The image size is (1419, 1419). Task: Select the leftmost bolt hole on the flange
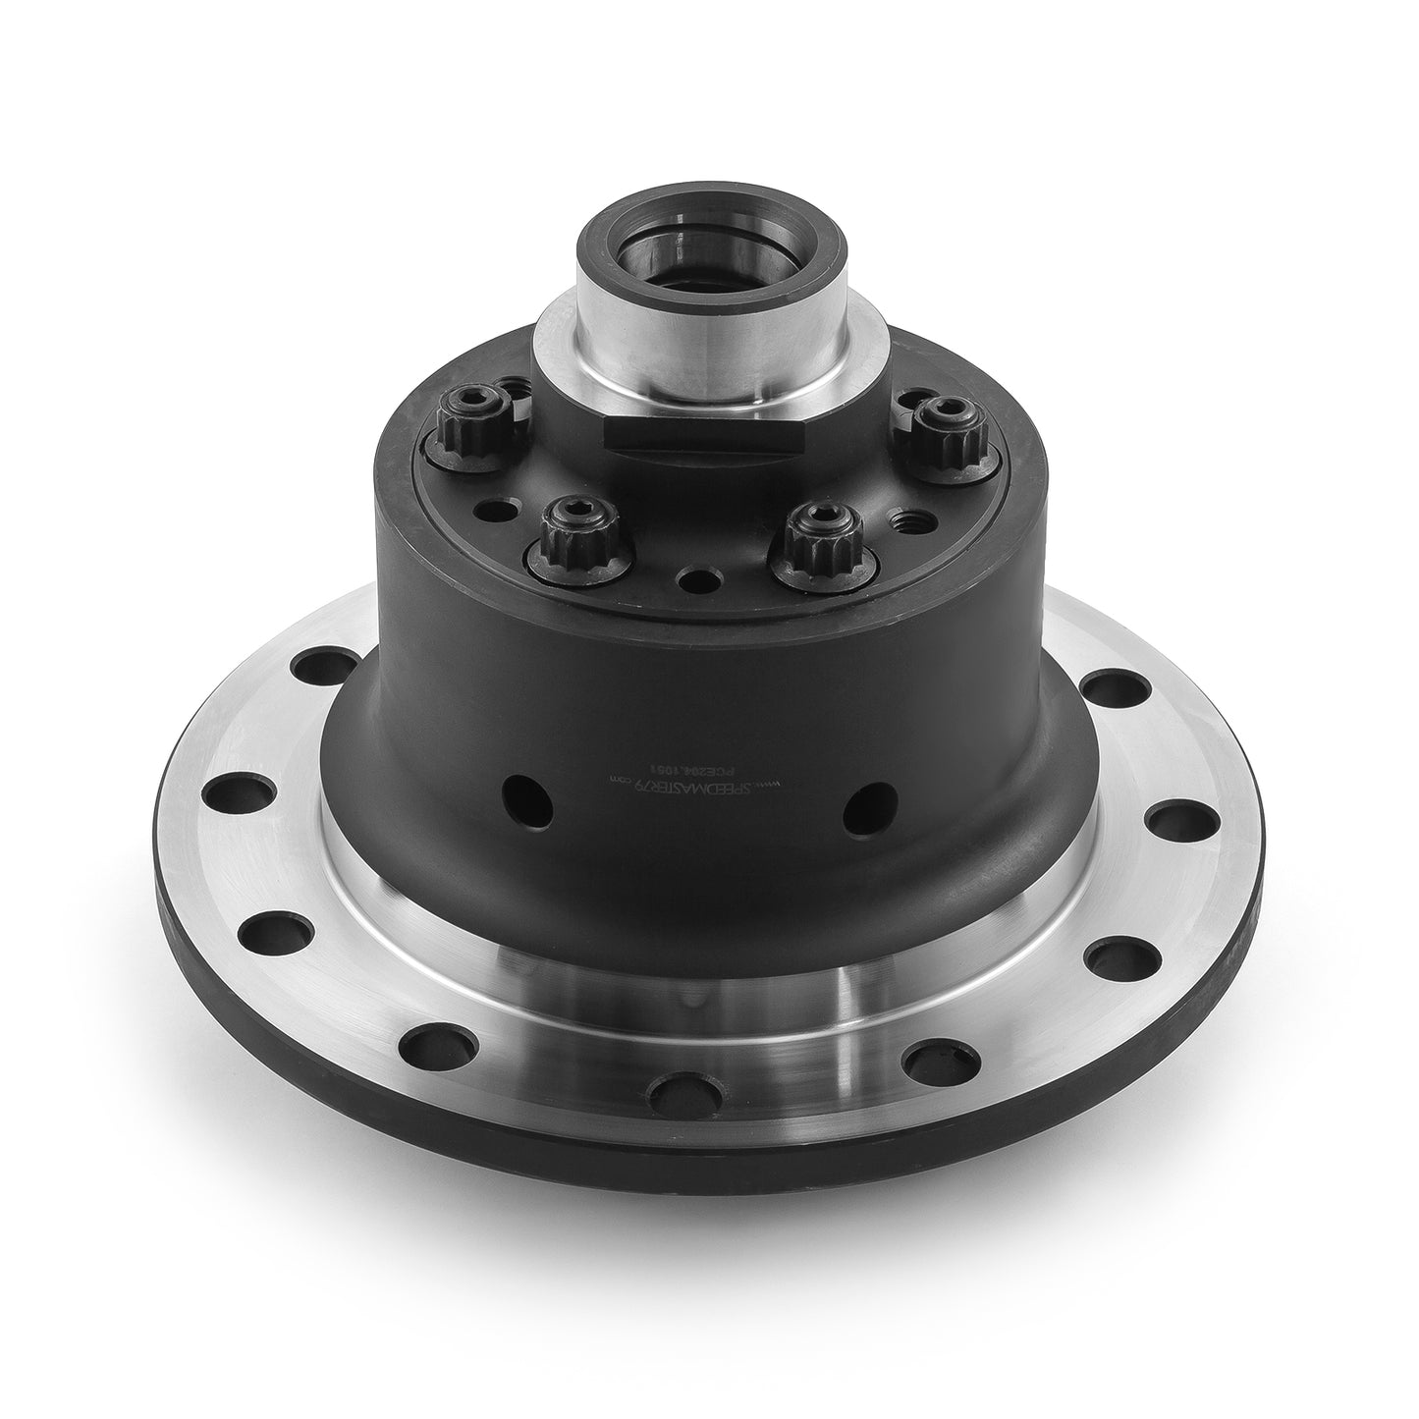tap(234, 791)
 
